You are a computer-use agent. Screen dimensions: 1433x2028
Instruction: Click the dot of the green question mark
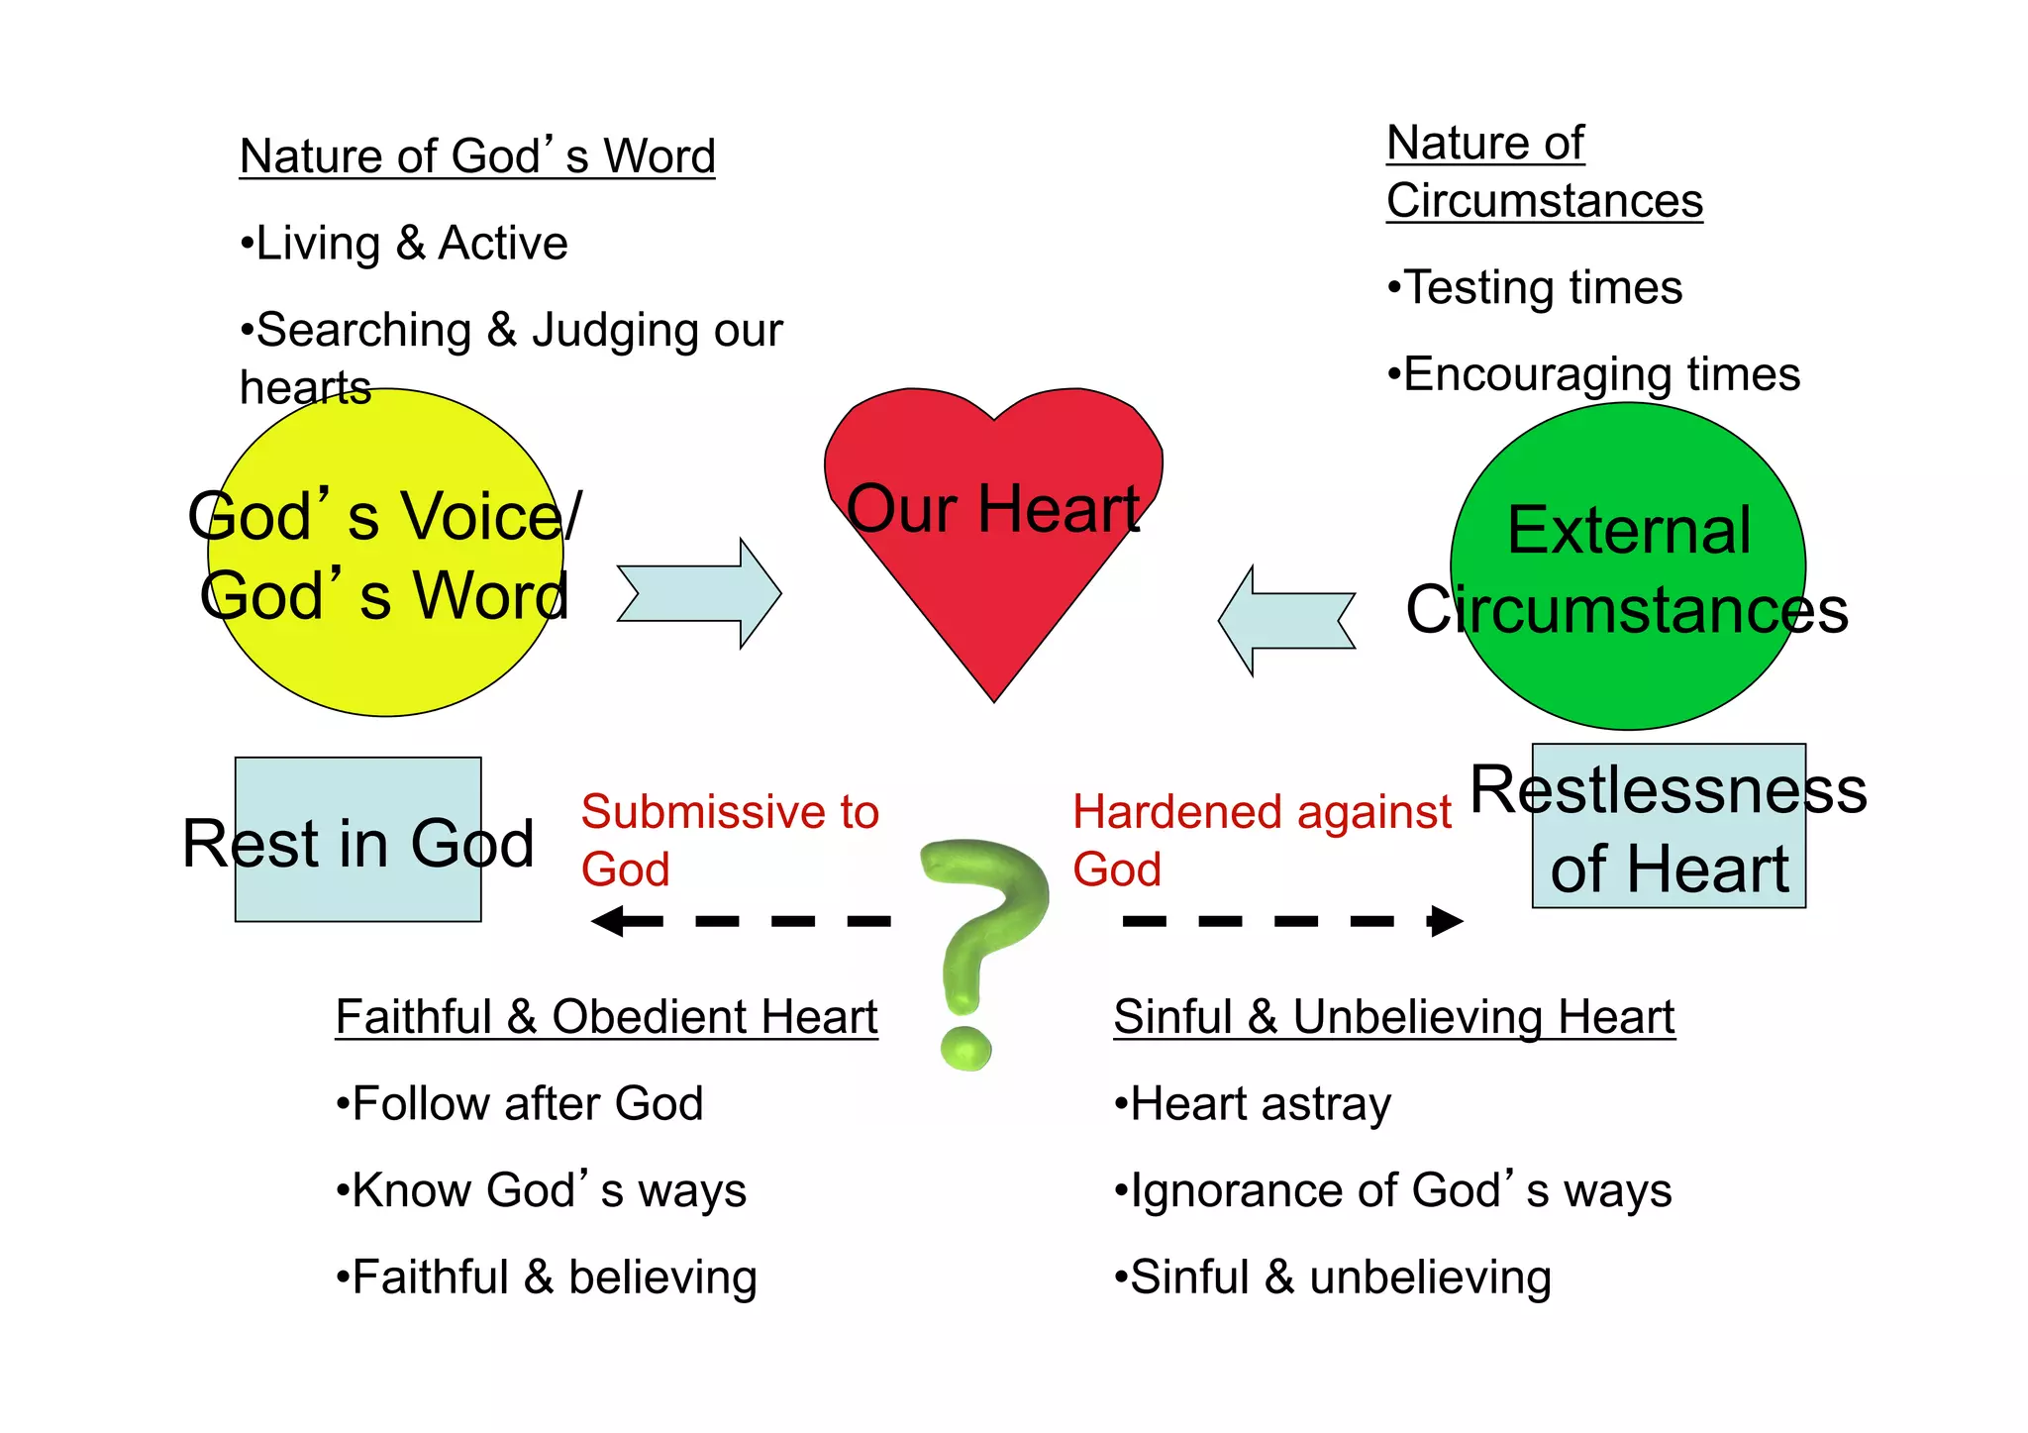pos(964,1049)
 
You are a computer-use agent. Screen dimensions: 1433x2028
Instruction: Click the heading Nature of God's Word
pos(477,156)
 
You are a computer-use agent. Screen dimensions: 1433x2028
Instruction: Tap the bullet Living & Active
pos(405,244)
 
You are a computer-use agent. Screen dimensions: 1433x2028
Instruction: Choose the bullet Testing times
pos(1534,288)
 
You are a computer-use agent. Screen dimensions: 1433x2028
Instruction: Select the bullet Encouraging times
pos(1592,375)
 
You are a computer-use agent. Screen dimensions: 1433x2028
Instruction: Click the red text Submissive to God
pos(729,840)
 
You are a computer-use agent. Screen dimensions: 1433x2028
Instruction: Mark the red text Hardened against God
pos(1261,840)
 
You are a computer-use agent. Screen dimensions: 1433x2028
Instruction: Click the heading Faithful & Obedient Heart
pos(606,1017)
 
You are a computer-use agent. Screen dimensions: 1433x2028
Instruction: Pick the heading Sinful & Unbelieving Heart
pos(1393,1017)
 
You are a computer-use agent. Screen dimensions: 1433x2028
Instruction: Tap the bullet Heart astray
pos(1253,1104)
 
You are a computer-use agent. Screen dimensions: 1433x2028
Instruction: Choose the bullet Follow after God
pos(520,1104)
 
